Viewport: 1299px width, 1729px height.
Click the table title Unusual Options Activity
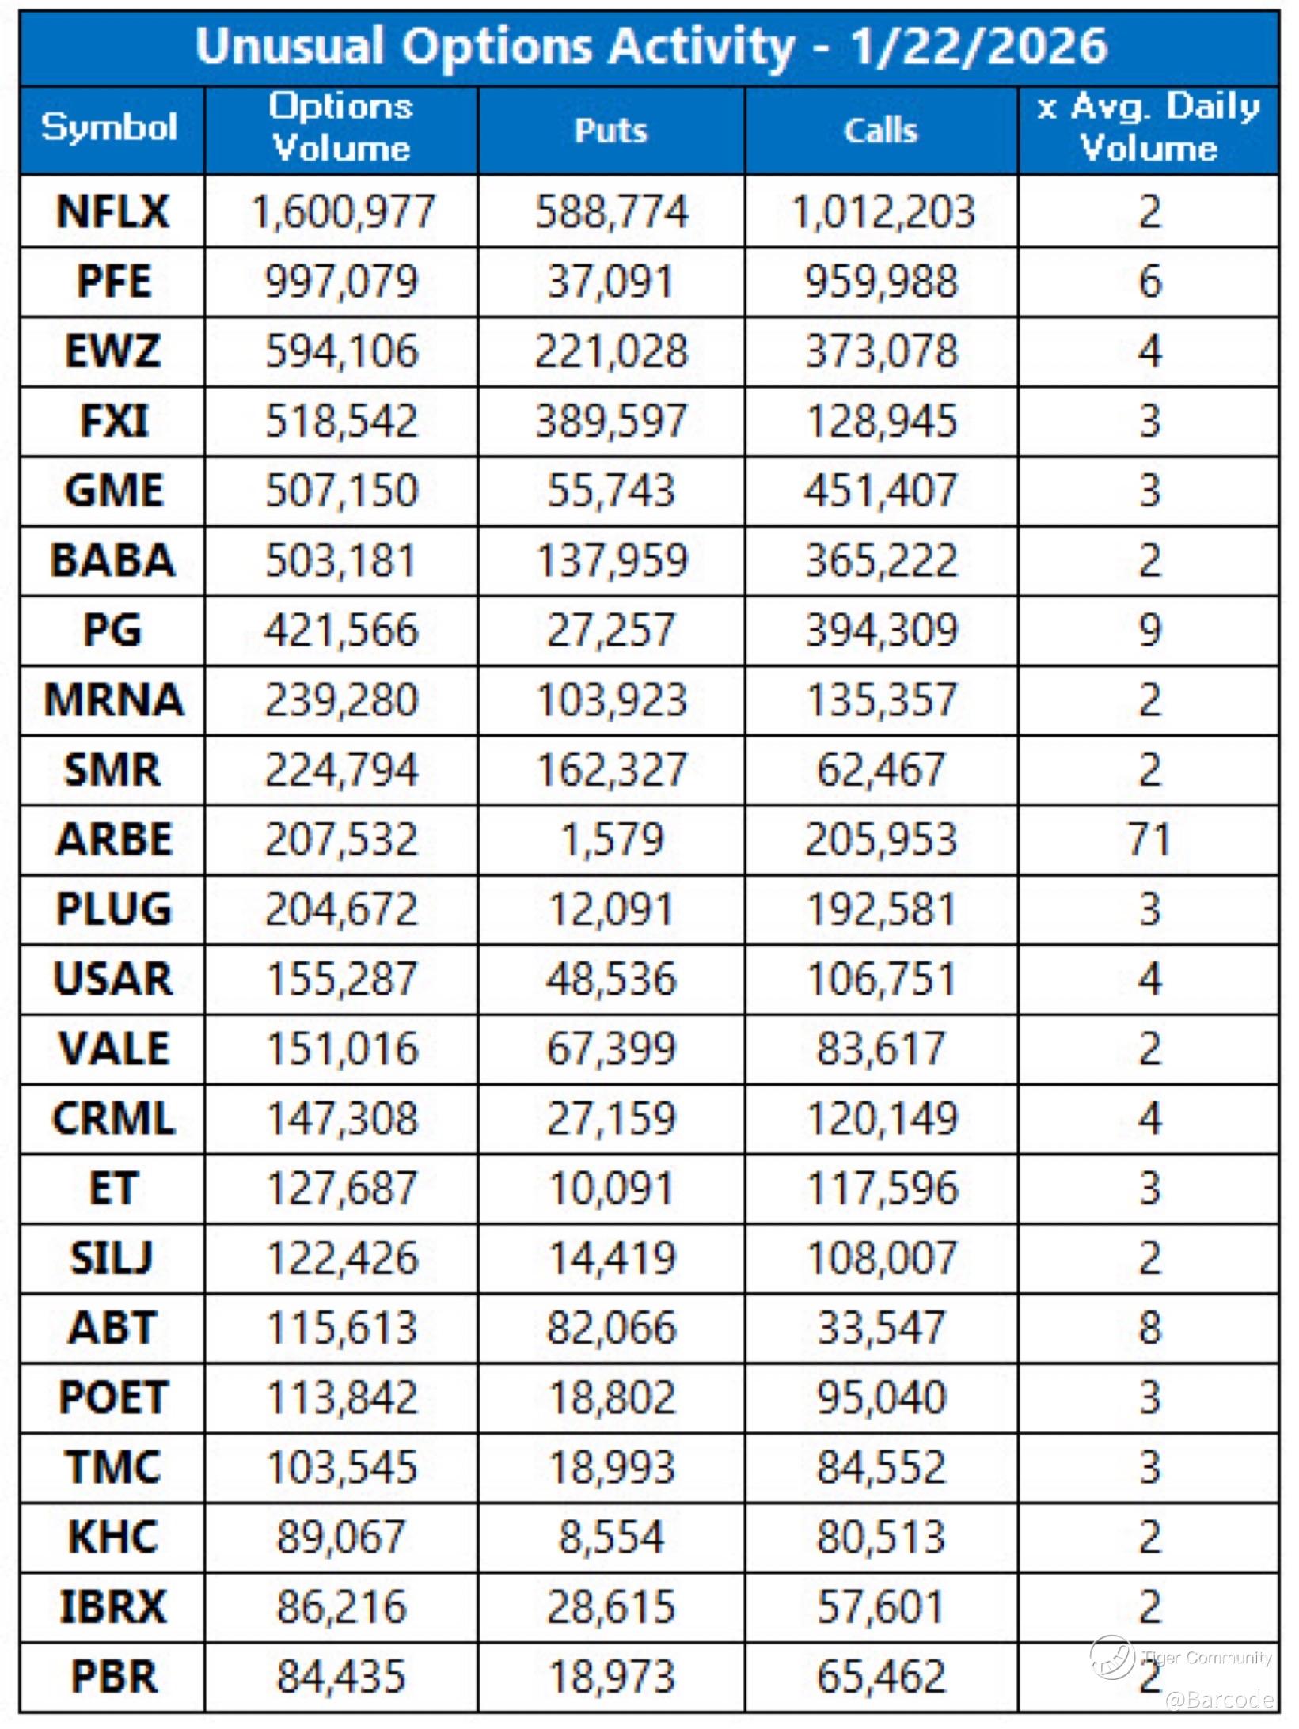(651, 47)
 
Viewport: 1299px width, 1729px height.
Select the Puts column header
(610, 131)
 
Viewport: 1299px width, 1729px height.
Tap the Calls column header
(880, 131)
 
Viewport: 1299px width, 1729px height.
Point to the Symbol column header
(110, 127)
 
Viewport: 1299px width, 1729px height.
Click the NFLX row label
(112, 212)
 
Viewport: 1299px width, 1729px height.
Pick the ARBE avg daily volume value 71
(1149, 840)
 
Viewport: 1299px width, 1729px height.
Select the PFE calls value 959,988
(881, 282)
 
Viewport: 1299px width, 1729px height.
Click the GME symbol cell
(113, 491)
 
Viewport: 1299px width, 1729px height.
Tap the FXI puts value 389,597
(610, 421)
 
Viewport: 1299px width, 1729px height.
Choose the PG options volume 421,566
(341, 631)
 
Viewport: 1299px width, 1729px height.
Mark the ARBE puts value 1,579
(611, 840)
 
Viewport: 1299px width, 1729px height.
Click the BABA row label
(112, 560)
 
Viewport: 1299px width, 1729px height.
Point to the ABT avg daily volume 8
(1149, 1327)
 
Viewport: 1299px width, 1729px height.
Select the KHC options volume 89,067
(341, 1537)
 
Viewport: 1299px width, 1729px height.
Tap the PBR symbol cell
(113, 1676)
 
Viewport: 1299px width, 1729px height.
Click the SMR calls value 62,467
(880, 770)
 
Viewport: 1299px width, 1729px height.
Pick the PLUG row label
(113, 909)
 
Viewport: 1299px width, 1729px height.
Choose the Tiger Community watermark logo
(1111, 1656)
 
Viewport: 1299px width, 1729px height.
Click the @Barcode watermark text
(1219, 1698)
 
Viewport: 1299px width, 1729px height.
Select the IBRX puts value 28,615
(610, 1606)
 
